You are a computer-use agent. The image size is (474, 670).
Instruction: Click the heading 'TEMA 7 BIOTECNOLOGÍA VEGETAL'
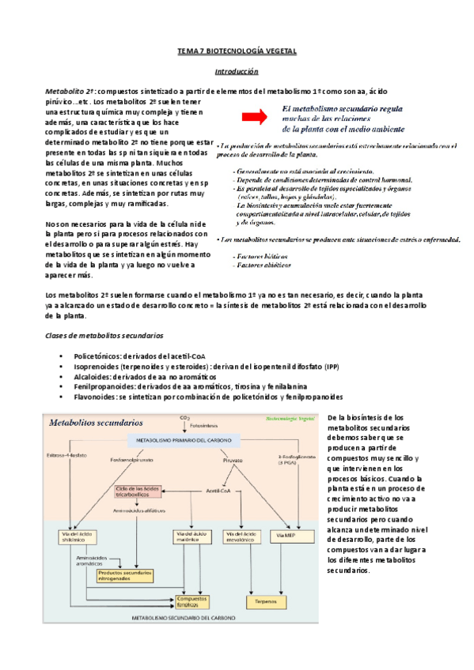click(236, 51)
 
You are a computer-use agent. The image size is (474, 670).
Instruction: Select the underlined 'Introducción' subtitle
click(237, 72)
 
